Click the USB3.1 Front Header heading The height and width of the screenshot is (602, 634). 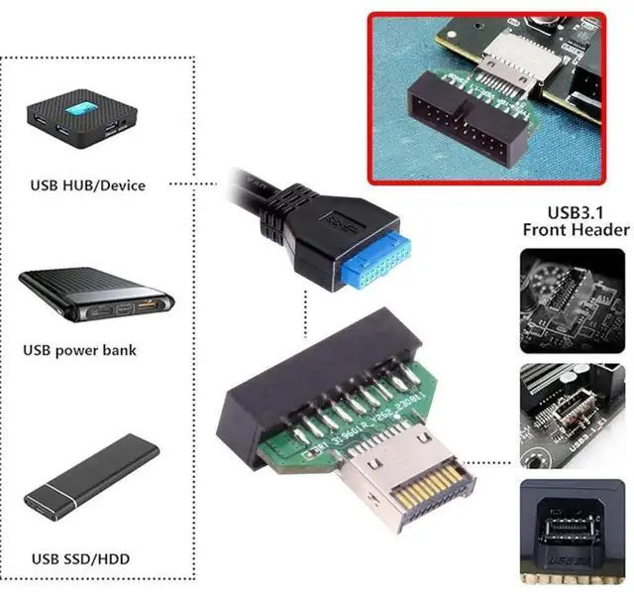(575, 220)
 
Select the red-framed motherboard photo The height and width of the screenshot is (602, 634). (484, 96)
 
